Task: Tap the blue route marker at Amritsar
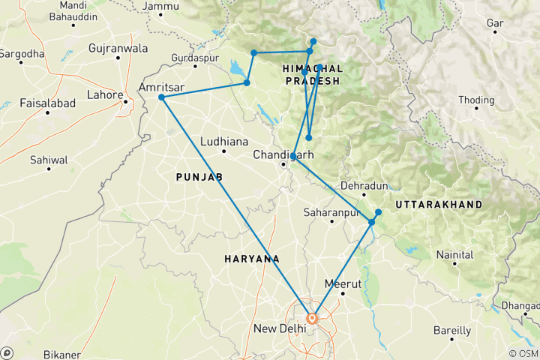[161, 97]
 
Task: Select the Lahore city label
[104, 94]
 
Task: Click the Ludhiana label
[223, 141]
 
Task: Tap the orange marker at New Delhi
[312, 317]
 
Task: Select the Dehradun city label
[364, 185]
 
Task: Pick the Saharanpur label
[328, 213]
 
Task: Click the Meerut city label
[343, 283]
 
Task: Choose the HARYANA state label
[252, 259]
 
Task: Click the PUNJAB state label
[199, 177]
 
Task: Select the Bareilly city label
[451, 330]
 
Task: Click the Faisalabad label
[47, 102]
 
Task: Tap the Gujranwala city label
[118, 48]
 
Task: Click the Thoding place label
[476, 100]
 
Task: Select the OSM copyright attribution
[522, 353]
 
